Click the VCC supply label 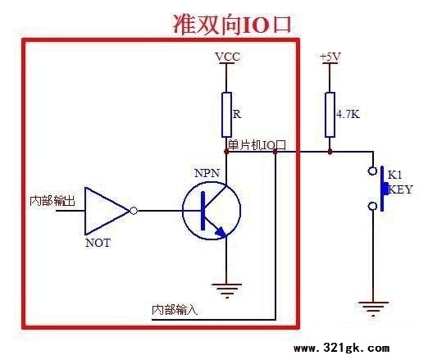pyautogui.click(x=228, y=57)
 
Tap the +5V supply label pyautogui.click(x=330, y=57)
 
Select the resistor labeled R pyautogui.click(x=226, y=115)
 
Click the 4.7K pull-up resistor pyautogui.click(x=330, y=115)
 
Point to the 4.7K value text pyautogui.click(x=348, y=114)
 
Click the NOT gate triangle pyautogui.click(x=107, y=211)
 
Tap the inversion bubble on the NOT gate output pyautogui.click(x=134, y=211)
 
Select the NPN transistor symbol pyautogui.click(x=212, y=210)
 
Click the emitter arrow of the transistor pyautogui.click(x=221, y=232)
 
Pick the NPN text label pyautogui.click(x=207, y=173)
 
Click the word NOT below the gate pyautogui.click(x=98, y=243)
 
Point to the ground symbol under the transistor pyautogui.click(x=226, y=291)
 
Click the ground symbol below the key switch pyautogui.click(x=373, y=309)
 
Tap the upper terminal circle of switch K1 pyautogui.click(x=372, y=171)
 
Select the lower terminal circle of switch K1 pyautogui.click(x=372, y=206)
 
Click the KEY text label pyautogui.click(x=400, y=189)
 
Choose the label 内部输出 pyautogui.click(x=52, y=201)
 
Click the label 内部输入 pyautogui.click(x=175, y=310)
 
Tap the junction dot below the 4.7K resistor pyautogui.click(x=330, y=152)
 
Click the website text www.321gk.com pyautogui.click(x=342, y=349)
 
